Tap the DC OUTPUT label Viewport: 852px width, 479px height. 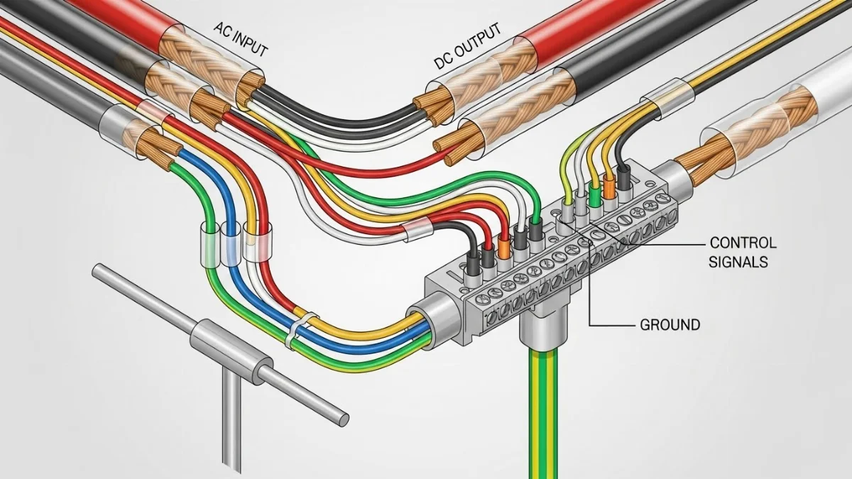(467, 48)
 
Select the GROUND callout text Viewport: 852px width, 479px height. (670, 325)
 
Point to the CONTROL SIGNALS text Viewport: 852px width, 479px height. (743, 251)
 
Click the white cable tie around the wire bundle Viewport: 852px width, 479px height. (293, 332)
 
